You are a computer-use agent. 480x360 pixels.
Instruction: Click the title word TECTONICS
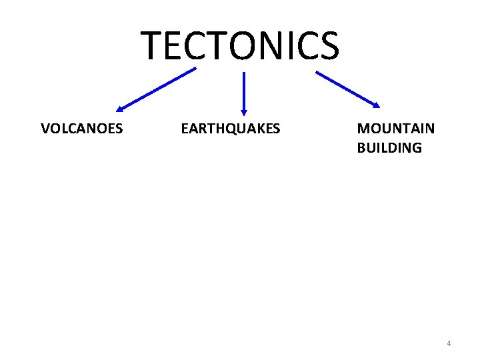[x=240, y=45]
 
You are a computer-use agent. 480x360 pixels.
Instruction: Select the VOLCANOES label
[x=81, y=129]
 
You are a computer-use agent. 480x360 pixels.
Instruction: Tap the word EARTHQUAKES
[x=231, y=129]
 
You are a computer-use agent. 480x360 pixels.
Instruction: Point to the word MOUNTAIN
[x=396, y=129]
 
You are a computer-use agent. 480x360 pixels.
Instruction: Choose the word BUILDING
[x=389, y=148]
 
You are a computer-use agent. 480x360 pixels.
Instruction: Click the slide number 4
[x=449, y=343]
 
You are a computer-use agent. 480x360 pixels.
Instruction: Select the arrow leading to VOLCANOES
[x=157, y=89]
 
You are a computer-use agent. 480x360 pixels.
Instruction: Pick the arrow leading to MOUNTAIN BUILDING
[x=347, y=89]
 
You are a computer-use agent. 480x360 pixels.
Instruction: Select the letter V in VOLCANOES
[x=45, y=129]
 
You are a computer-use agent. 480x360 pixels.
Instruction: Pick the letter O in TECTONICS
[x=237, y=45]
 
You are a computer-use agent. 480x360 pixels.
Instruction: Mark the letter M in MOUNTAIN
[x=363, y=129]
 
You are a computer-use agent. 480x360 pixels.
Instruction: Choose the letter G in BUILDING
[x=417, y=148]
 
